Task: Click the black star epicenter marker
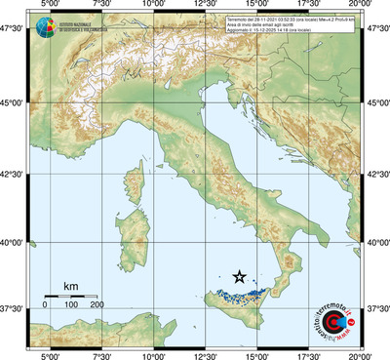coord(241,277)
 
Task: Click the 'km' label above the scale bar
coord(70,285)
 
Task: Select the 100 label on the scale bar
coord(71,305)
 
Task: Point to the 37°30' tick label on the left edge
coord(13,309)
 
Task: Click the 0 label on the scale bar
coord(45,305)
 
